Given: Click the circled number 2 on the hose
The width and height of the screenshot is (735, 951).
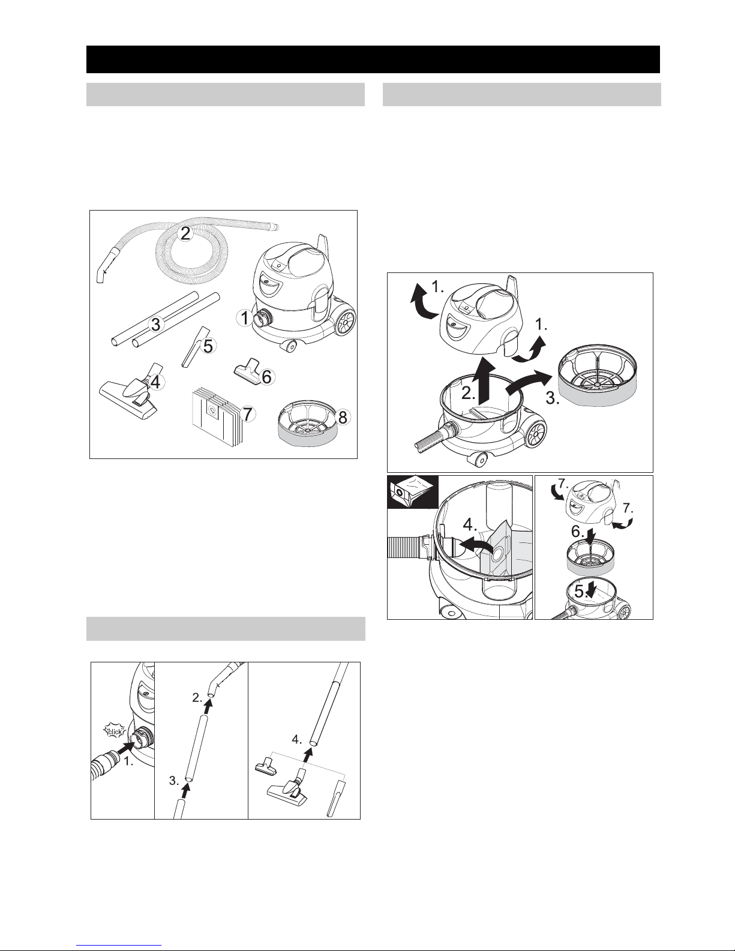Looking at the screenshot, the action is point(186,234).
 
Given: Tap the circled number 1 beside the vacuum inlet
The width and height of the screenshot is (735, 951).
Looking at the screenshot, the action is point(245,318).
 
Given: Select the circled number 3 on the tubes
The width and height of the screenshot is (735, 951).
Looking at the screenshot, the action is point(156,325).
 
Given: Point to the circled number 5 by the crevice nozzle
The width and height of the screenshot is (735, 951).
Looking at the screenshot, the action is point(208,346).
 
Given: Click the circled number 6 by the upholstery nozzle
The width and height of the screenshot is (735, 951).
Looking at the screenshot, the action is point(266,376).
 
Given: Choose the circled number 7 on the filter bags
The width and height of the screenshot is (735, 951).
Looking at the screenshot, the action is point(247,413).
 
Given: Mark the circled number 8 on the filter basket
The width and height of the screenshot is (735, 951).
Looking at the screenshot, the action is point(343,417).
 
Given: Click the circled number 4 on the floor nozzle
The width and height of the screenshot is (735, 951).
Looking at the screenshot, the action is point(156,383).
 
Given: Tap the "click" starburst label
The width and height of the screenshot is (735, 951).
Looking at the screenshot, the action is point(115,731).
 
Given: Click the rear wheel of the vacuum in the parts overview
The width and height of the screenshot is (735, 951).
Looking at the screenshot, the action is point(345,322).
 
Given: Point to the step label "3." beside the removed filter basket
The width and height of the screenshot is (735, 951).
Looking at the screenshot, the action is point(553,398).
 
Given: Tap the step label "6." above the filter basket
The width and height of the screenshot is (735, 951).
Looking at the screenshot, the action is point(578,532).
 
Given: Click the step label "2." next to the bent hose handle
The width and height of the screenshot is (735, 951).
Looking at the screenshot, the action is point(197,698).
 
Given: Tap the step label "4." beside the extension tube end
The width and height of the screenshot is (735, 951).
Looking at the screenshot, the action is point(297,740).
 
